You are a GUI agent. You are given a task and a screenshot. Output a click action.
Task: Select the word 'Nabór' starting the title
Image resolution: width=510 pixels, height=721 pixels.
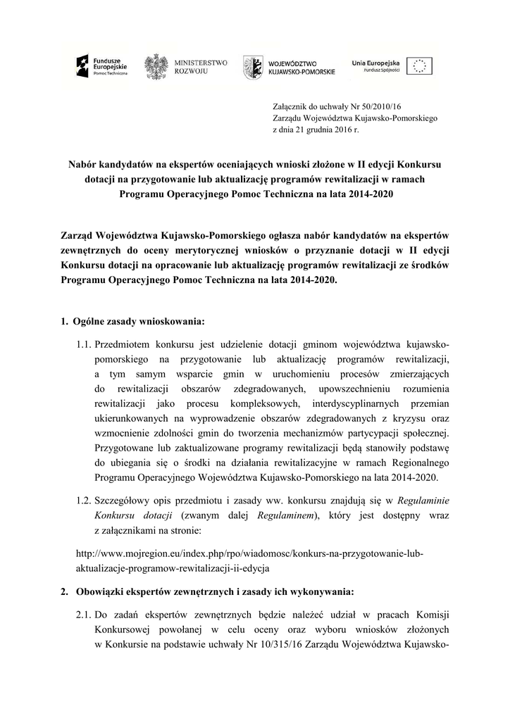point(82,164)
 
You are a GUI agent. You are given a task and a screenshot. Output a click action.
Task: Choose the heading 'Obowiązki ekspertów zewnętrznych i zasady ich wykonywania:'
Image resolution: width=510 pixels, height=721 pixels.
point(215,590)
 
